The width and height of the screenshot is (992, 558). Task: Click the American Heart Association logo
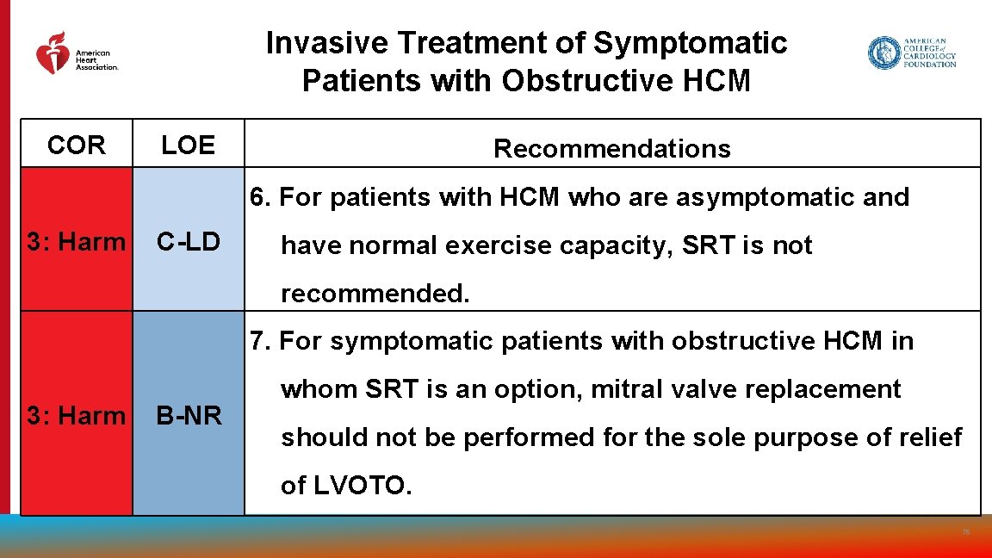click(x=76, y=54)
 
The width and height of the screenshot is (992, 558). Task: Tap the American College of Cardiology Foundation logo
click(x=912, y=53)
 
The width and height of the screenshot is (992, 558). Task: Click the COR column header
click(x=77, y=146)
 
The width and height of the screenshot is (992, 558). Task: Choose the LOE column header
click(x=188, y=146)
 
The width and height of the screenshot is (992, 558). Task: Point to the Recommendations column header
click(x=611, y=148)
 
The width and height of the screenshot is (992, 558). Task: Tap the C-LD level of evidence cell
click(x=188, y=242)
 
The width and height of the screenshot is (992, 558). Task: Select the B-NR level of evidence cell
click(x=188, y=416)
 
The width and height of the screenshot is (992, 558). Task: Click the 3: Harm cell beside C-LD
click(x=76, y=242)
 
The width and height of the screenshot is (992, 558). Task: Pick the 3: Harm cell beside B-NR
click(x=76, y=416)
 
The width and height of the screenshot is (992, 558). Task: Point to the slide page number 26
click(x=966, y=532)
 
